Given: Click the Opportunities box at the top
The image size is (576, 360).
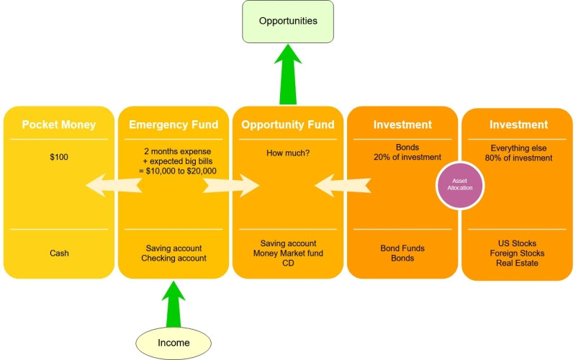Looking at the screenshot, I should click(289, 21).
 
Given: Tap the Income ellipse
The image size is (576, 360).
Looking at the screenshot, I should click(174, 343).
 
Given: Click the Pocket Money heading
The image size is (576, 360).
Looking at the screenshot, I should click(59, 125).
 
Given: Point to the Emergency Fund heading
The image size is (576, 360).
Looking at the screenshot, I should click(174, 125).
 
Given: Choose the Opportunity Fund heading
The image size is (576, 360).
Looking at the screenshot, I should click(288, 125).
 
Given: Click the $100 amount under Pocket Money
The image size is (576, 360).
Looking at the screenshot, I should click(59, 156).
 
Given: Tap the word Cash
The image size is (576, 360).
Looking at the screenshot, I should click(59, 253).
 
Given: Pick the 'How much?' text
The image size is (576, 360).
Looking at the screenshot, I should click(288, 152).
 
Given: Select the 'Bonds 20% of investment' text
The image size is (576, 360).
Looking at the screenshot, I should click(402, 152).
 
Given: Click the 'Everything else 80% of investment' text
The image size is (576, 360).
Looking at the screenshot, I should click(518, 152).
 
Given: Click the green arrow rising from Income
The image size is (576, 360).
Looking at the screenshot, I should click(174, 302).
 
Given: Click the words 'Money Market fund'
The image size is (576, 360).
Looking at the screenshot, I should click(288, 253).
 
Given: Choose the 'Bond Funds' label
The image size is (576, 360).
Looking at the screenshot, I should click(402, 248).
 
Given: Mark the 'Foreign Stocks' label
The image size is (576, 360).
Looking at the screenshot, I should click(518, 253).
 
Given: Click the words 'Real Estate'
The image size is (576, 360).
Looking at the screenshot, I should click(518, 263).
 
